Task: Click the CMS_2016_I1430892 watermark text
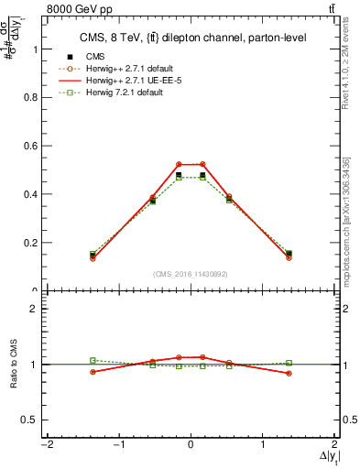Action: pos(191,274)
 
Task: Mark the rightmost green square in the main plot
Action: pos(289,253)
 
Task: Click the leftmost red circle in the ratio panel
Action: pos(93,371)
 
